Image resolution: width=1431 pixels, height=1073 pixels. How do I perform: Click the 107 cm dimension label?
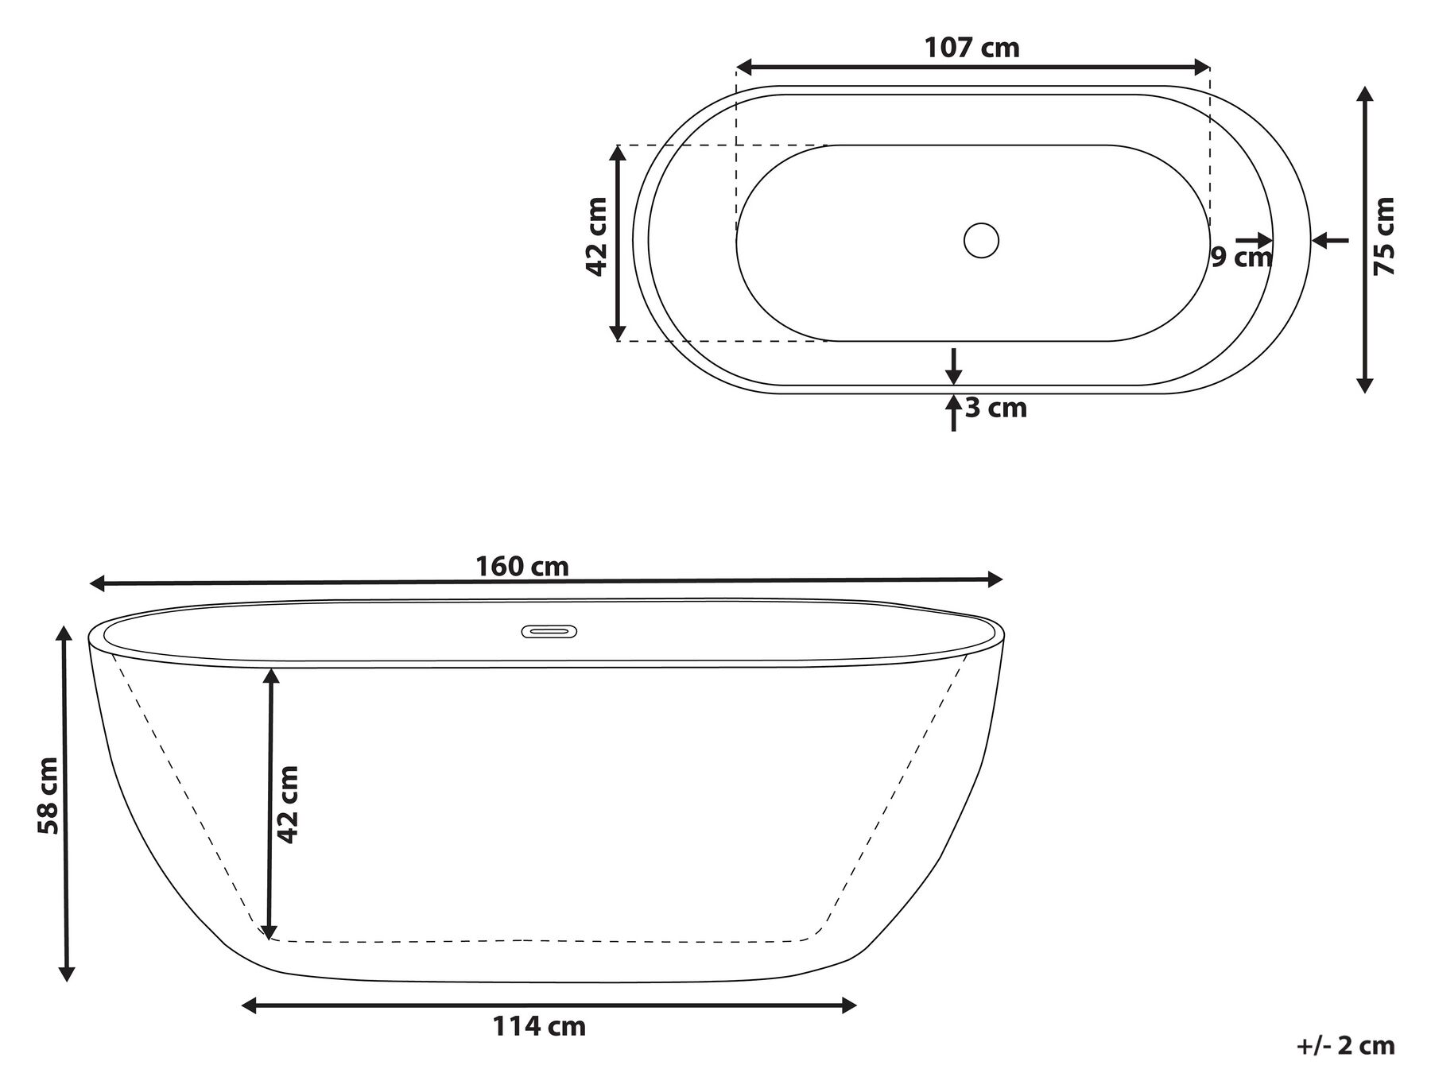pyautogui.click(x=971, y=48)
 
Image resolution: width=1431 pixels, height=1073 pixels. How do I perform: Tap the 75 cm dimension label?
pyautogui.click(x=1384, y=236)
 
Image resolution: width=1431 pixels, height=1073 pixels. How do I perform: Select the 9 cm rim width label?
pyautogui.click(x=1241, y=258)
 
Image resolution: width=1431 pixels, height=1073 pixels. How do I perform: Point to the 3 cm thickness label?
pyautogui.click(x=996, y=409)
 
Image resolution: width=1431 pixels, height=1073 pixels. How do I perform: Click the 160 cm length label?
pyautogui.click(x=522, y=567)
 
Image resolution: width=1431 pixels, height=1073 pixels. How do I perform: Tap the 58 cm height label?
pyautogui.click(x=48, y=806)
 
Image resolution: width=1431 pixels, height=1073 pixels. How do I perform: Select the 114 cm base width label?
pyautogui.click(x=539, y=1027)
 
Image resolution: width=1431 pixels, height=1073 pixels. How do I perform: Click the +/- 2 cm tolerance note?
pyautogui.click(x=1345, y=1045)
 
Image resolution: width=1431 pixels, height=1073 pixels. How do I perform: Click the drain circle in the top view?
pyautogui.click(x=981, y=240)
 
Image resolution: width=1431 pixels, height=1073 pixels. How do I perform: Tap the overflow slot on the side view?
pyautogui.click(x=549, y=632)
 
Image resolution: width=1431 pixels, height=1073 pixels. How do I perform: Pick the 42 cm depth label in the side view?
pyautogui.click(x=287, y=804)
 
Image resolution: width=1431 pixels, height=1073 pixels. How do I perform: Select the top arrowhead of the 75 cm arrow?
pyautogui.click(x=1365, y=94)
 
